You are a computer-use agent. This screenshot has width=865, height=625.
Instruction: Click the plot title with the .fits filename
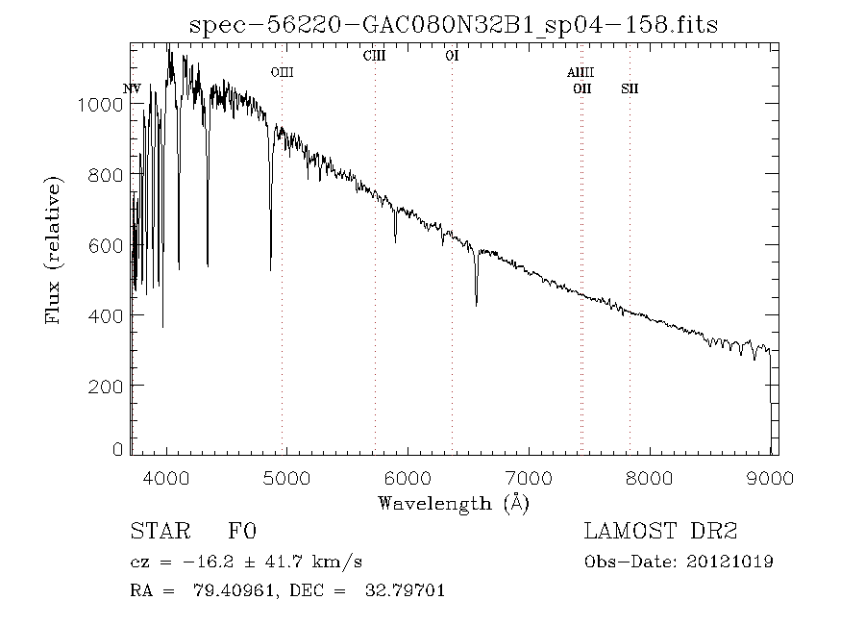pyautogui.click(x=454, y=23)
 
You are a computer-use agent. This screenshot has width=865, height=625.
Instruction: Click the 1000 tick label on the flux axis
pyautogui.click(x=100, y=105)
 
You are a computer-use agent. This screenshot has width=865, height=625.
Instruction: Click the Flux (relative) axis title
pyautogui.click(x=54, y=250)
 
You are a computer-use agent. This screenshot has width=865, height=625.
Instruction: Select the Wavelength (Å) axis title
pyautogui.click(x=454, y=503)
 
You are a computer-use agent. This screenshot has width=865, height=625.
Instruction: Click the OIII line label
pyautogui.click(x=282, y=72)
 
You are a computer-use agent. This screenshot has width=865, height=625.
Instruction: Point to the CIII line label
pyautogui.click(x=374, y=57)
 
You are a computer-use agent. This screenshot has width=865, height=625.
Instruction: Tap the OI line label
pyautogui.click(x=452, y=57)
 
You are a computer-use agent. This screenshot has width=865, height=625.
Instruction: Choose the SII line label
pyautogui.click(x=630, y=88)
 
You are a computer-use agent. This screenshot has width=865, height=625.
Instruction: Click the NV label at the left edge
pyautogui.click(x=133, y=88)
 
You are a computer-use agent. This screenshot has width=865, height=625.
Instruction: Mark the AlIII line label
pyautogui.click(x=581, y=72)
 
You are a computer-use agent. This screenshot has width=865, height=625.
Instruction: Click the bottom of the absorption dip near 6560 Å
pyautogui.click(x=477, y=305)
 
